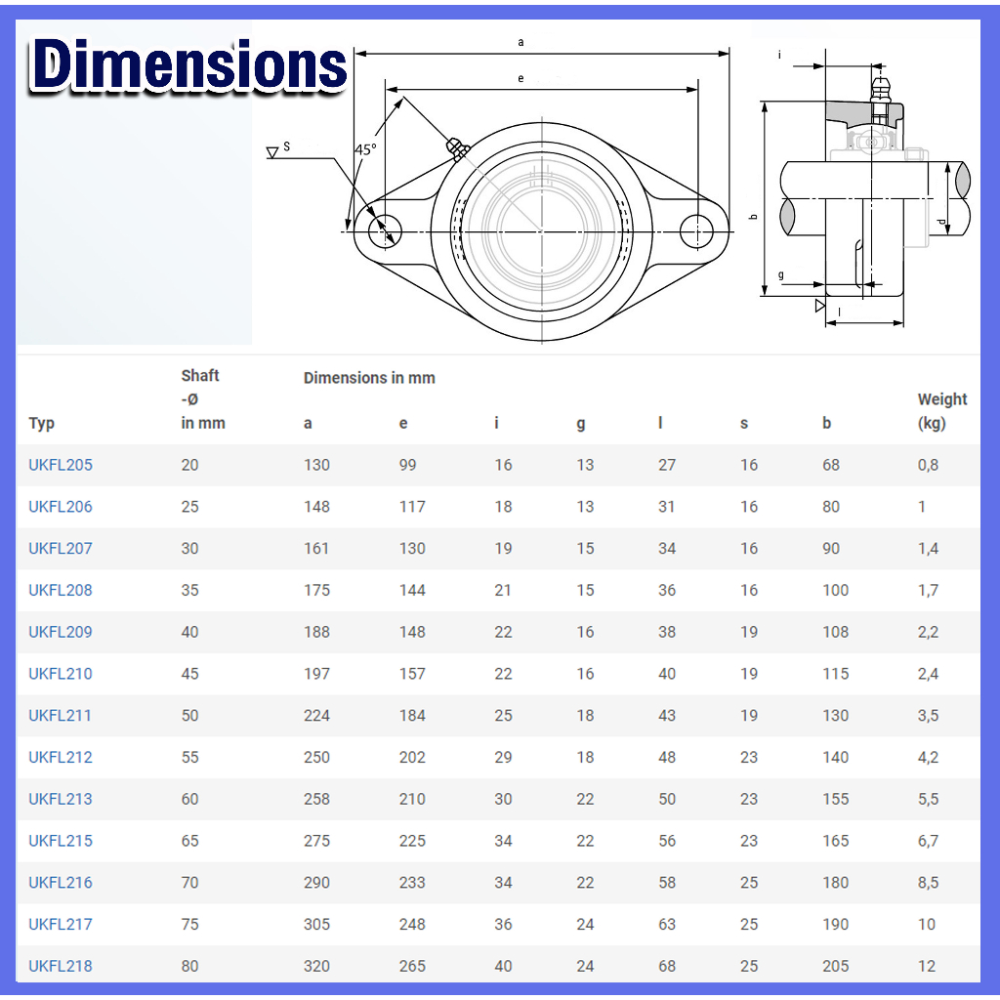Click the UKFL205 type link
pyautogui.click(x=61, y=465)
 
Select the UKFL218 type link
pyautogui.click(x=61, y=966)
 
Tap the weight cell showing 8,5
pyautogui.click(x=928, y=883)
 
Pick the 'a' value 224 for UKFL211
pyautogui.click(x=316, y=716)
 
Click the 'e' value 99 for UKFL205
pyautogui.click(x=407, y=465)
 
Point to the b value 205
pyautogui.click(x=836, y=966)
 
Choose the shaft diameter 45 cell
pyautogui.click(x=190, y=674)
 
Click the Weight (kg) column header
pyautogui.click(x=942, y=411)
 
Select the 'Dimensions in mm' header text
pyautogui.click(x=369, y=378)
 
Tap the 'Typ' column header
pyautogui.click(x=41, y=424)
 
